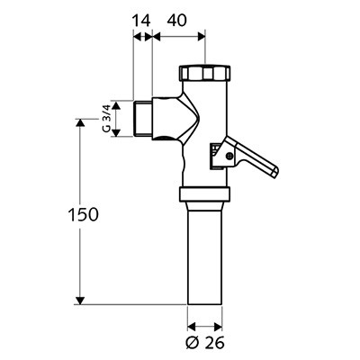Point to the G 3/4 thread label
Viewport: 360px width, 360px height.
coord(106,119)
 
